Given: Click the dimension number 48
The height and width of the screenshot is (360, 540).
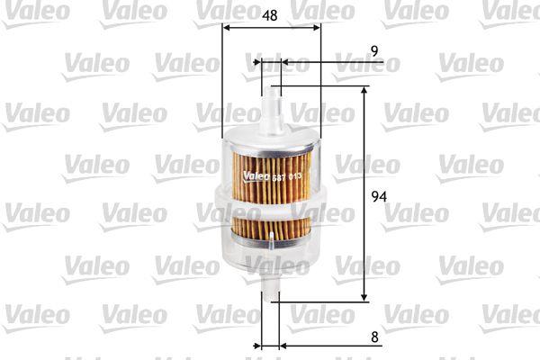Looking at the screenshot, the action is (x=270, y=15).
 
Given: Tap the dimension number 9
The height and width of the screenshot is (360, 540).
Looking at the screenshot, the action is (x=374, y=51).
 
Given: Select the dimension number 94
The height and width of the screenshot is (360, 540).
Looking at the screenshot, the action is (x=379, y=196).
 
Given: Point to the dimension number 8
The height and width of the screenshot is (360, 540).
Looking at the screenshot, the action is (x=374, y=337).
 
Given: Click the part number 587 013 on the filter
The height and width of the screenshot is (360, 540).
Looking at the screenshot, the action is (x=287, y=177).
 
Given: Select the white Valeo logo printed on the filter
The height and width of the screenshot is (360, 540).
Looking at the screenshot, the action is (x=256, y=176).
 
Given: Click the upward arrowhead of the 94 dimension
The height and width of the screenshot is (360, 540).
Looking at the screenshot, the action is (x=364, y=91).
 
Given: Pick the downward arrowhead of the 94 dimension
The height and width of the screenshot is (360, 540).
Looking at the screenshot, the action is (x=364, y=297).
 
